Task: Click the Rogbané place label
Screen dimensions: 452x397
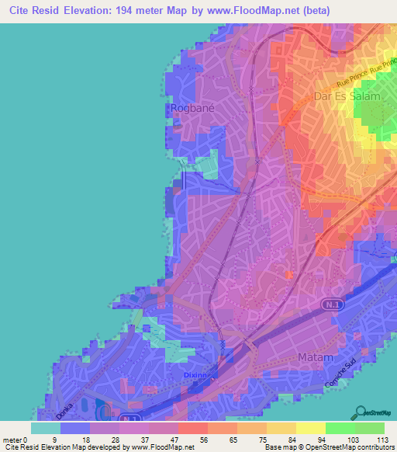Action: [x=187, y=109]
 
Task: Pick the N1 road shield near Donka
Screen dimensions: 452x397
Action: [x=126, y=419]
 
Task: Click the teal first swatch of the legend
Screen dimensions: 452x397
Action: [x=46, y=428]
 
